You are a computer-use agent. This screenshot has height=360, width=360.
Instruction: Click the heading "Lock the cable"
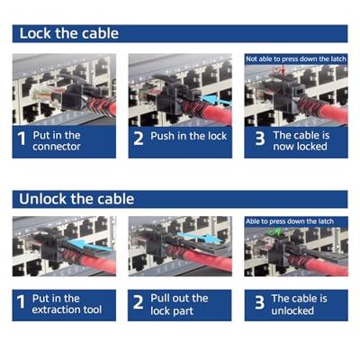click(69, 33)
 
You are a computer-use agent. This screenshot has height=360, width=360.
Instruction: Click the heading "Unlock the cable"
click(76, 199)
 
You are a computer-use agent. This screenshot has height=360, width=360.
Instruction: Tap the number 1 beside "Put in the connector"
click(22, 139)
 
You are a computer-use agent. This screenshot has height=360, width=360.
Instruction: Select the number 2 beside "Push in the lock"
click(139, 139)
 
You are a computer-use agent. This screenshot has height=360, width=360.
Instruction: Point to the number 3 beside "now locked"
click(260, 139)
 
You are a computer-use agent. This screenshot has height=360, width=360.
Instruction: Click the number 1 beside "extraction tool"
click(21, 301)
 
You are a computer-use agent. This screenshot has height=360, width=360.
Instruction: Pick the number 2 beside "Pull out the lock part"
click(138, 302)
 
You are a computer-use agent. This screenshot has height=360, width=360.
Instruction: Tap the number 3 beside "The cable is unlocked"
click(260, 302)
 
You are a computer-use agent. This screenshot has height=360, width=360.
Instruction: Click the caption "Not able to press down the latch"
click(296, 59)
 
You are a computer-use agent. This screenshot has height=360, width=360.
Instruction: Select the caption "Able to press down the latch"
click(290, 221)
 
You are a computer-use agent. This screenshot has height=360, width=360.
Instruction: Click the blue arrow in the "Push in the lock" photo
click(215, 100)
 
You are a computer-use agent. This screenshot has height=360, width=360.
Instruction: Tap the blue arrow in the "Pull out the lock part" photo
click(200, 238)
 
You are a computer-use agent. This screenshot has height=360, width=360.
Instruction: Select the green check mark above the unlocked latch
click(275, 232)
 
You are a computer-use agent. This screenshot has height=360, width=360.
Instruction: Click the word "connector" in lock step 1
click(57, 147)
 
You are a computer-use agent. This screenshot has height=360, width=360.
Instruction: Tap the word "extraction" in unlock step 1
click(52, 310)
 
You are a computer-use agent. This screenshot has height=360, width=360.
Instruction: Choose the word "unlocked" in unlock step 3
click(292, 310)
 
